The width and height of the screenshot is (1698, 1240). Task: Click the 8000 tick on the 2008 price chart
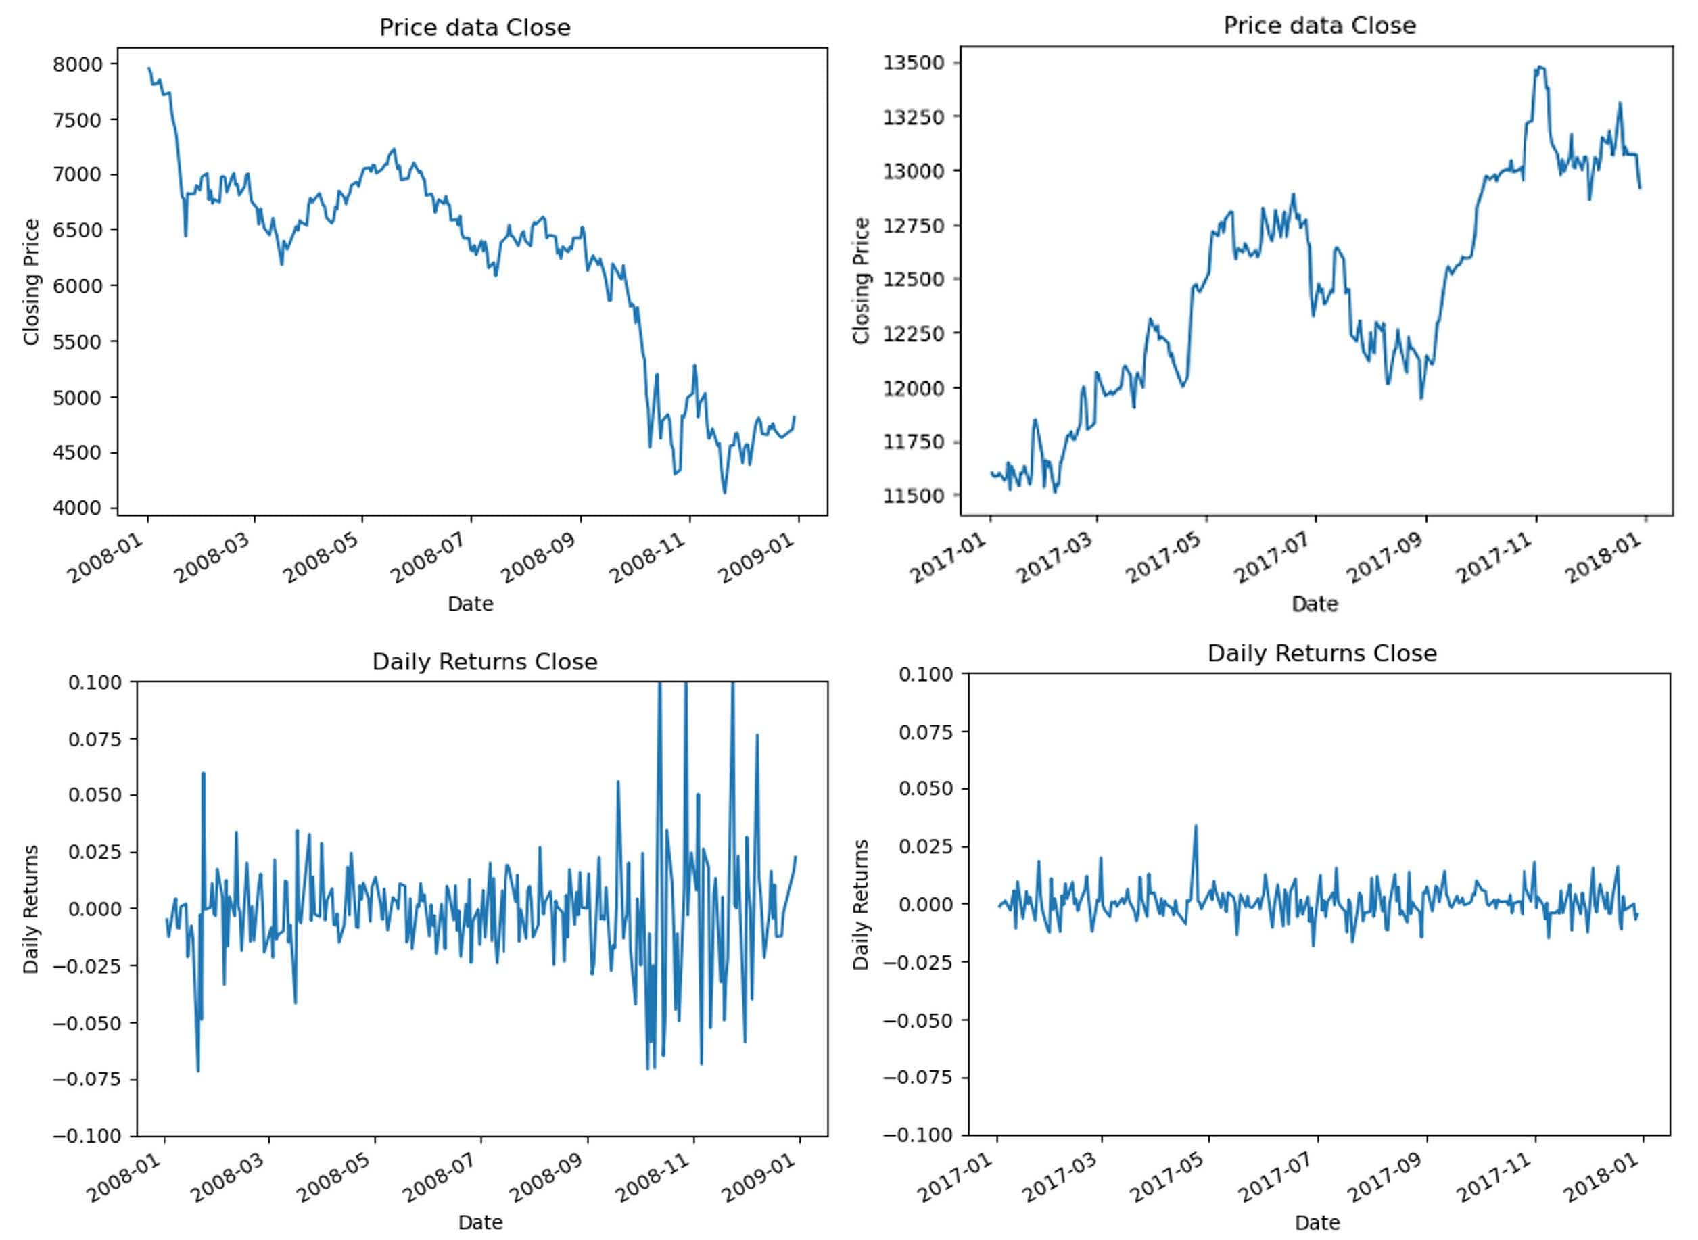(x=77, y=64)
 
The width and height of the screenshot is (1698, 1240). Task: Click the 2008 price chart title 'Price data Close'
(x=475, y=28)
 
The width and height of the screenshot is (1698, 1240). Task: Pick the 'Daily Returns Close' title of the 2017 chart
(x=1321, y=654)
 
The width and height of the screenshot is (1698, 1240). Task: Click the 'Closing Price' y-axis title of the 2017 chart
(x=861, y=281)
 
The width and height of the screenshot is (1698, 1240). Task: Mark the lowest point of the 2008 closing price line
(x=724, y=493)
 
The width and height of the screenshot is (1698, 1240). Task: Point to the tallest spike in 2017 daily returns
(x=1196, y=826)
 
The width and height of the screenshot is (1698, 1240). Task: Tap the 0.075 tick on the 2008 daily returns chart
(x=94, y=740)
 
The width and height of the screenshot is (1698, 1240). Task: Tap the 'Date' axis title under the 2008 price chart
(x=470, y=604)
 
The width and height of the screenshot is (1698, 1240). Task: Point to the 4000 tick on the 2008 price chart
(x=77, y=508)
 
